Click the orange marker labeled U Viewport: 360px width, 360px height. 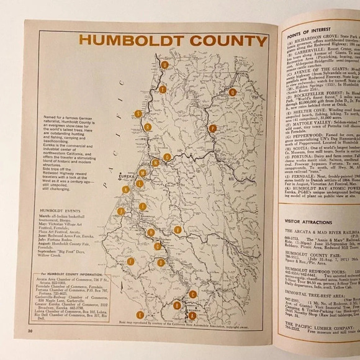click(x=164, y=65)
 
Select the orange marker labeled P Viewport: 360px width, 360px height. click(x=212, y=128)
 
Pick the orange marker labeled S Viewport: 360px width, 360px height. click(x=138, y=113)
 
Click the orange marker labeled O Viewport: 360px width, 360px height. click(x=167, y=157)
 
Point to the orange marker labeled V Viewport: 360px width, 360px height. click(x=178, y=230)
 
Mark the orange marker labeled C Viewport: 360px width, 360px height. click(x=193, y=294)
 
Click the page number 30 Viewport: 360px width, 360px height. click(x=29, y=333)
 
